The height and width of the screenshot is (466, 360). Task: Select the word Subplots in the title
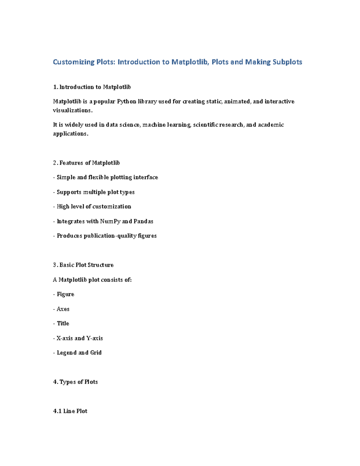(x=287, y=62)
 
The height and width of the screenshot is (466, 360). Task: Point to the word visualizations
(x=72, y=110)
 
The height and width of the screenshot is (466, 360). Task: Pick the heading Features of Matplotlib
(x=89, y=163)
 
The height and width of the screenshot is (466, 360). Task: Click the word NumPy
(x=110, y=221)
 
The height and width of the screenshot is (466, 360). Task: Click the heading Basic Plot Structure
(x=86, y=265)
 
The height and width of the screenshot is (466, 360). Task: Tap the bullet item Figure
(x=65, y=294)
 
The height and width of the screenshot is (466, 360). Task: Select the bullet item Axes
(x=63, y=309)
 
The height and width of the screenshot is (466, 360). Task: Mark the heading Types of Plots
(x=78, y=382)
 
